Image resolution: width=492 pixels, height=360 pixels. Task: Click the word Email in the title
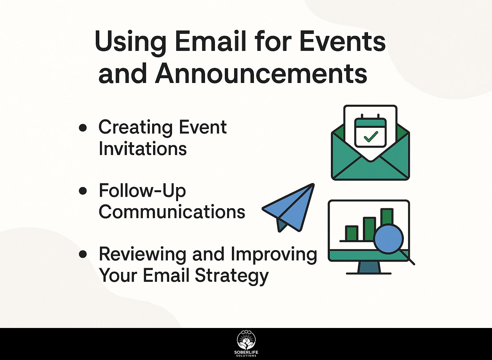click(210, 42)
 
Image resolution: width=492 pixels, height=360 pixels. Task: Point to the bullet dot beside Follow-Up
click(83, 191)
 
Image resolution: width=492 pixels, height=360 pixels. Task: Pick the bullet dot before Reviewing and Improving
click(83, 254)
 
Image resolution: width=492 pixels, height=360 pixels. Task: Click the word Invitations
click(143, 149)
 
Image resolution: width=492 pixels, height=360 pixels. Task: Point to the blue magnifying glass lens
click(389, 239)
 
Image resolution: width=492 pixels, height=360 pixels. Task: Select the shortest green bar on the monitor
click(352, 233)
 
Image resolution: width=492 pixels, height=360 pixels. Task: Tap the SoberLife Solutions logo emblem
click(246, 340)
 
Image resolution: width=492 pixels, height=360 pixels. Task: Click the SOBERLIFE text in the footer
click(246, 353)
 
